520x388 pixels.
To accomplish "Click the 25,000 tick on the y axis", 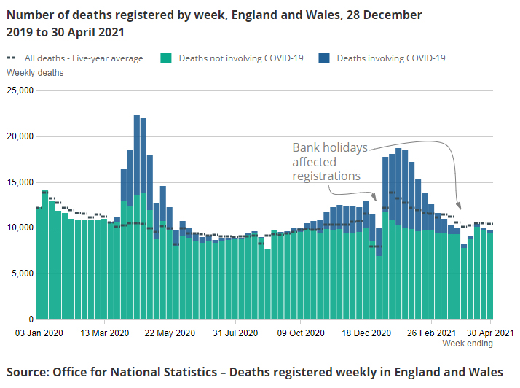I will pyautogui.click(x=20, y=91).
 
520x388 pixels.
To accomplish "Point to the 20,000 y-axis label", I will pyautogui.click(x=20, y=136).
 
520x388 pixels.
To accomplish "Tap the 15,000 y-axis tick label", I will pyautogui.click(x=20, y=182).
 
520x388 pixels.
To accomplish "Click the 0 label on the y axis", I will pyautogui.click(x=30, y=319).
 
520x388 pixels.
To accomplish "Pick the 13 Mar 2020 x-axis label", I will pyautogui.click(x=105, y=333).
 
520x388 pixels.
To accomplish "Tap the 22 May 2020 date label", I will pyautogui.click(x=170, y=333).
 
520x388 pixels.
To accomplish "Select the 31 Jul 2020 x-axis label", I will pyautogui.click(x=235, y=333).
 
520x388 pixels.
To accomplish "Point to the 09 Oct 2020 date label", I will pyautogui.click(x=300, y=333).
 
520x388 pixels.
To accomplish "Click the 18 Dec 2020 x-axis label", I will pyautogui.click(x=366, y=333).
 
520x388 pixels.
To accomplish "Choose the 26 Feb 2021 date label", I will pyautogui.click(x=431, y=333).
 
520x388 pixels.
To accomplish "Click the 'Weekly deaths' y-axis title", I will pyautogui.click(x=35, y=73).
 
